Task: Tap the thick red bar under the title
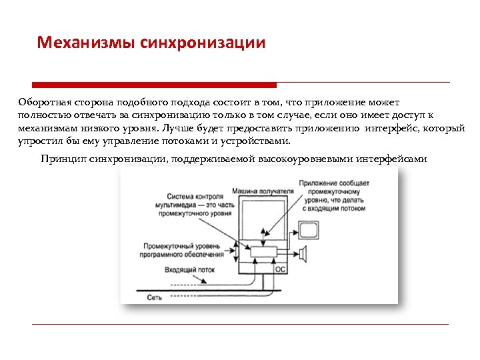click(x=154, y=85)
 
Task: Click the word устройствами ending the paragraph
click(x=259, y=141)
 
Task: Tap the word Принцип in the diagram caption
click(x=62, y=159)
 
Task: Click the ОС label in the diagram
click(x=281, y=269)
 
